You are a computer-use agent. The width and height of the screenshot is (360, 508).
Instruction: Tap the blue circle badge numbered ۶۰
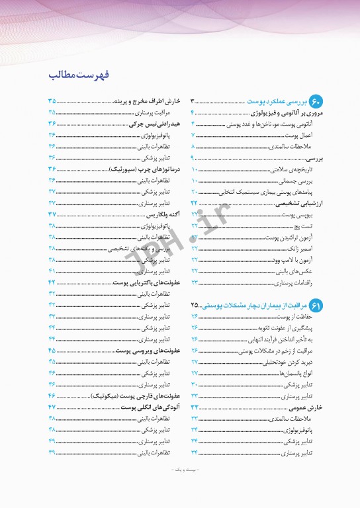[316, 102]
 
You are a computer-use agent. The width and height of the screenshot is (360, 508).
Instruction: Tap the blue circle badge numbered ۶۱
[316, 305]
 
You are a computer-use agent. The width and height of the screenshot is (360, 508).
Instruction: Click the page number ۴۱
[51, 271]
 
